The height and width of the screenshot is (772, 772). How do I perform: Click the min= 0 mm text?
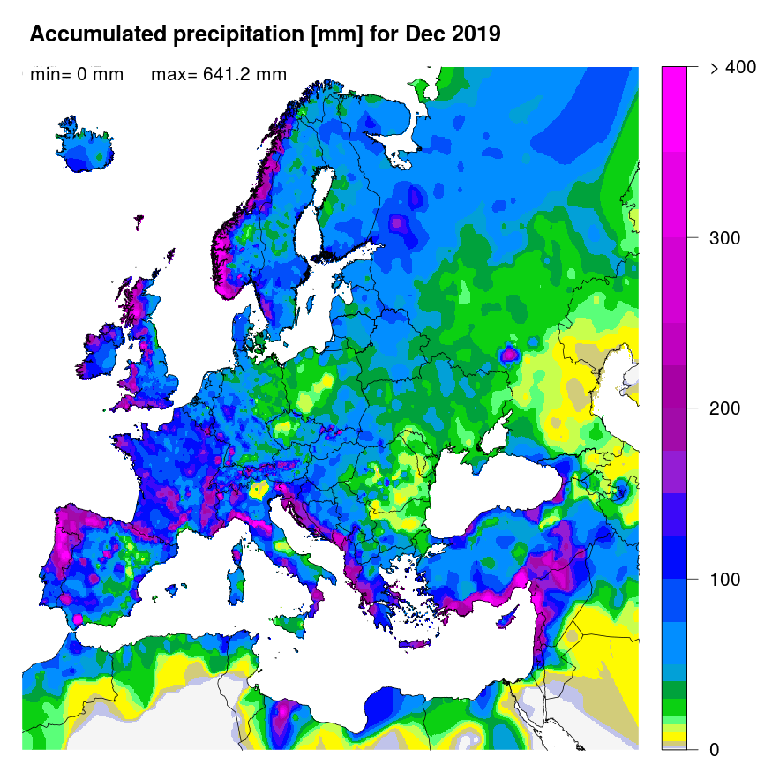coord(77,75)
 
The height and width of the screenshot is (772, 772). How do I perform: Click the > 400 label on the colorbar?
coord(731,68)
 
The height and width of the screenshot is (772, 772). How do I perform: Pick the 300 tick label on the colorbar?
coord(725,238)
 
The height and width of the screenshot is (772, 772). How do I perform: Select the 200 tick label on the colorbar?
coord(725,408)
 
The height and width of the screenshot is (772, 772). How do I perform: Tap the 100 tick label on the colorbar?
coord(725,579)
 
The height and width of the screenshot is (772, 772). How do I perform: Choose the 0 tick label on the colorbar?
coord(714,749)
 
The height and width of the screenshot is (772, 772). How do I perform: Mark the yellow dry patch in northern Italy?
coord(259,490)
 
